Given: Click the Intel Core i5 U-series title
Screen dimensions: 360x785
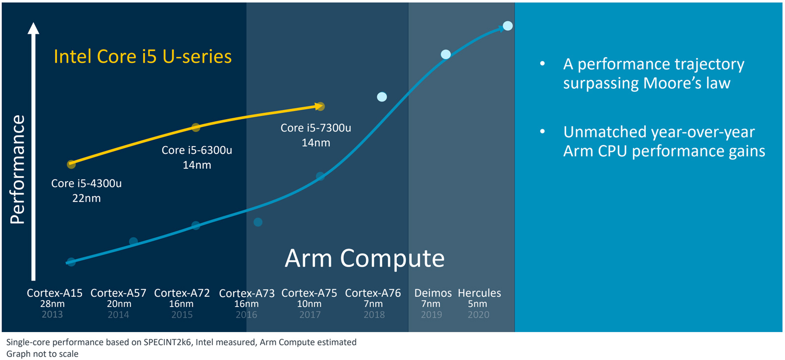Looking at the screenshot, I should click(x=142, y=56).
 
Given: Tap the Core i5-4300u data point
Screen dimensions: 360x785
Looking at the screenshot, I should click(x=71, y=164).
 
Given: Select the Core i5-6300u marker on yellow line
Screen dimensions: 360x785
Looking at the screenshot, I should click(x=196, y=128).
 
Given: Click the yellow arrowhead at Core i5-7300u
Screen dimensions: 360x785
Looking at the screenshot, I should click(x=319, y=106).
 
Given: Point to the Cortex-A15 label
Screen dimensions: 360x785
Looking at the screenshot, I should click(x=54, y=293).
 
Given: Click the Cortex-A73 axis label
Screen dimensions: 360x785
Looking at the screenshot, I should click(x=246, y=293).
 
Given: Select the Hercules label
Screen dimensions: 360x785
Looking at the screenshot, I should click(x=479, y=293).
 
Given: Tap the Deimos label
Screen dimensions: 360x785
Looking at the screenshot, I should click(x=433, y=293).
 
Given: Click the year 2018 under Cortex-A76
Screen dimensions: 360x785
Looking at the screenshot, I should click(x=374, y=315).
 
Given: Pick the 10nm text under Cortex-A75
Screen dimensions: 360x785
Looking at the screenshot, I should click(x=309, y=304).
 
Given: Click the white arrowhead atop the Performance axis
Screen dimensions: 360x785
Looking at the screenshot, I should click(x=33, y=28).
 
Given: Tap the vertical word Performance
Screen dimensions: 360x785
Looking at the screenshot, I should click(x=18, y=169).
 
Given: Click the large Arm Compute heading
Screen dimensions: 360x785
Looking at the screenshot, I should click(x=365, y=258).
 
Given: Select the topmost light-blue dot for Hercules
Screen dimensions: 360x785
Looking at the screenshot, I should click(x=508, y=26).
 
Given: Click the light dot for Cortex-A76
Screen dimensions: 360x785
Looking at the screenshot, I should click(x=382, y=97).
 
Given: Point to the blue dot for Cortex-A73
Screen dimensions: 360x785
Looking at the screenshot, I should click(x=258, y=222).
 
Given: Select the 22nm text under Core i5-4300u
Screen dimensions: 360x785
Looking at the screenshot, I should click(x=86, y=198).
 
